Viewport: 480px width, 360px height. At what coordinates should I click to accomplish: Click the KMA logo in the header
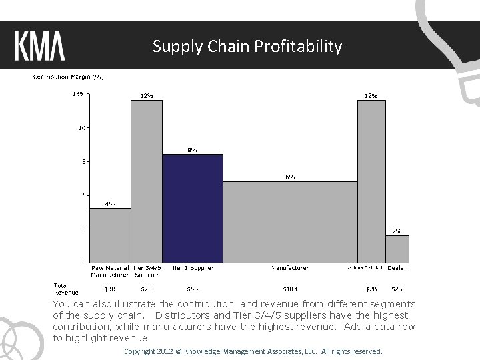(39, 47)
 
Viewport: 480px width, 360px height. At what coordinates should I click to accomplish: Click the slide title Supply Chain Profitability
(247, 47)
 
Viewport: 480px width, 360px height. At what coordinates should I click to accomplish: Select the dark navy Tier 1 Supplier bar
(193, 208)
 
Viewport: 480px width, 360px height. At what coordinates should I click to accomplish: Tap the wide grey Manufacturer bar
(290, 221)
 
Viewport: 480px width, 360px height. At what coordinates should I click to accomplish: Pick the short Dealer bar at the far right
(397, 249)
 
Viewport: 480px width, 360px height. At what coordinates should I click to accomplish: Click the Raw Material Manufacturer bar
(110, 235)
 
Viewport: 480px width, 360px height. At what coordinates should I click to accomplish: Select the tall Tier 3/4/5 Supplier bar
(147, 181)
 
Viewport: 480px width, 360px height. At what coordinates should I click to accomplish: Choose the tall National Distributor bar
(371, 181)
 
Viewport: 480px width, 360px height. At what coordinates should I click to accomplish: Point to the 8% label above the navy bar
(192, 150)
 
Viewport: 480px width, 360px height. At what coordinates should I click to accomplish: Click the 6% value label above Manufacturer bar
(291, 177)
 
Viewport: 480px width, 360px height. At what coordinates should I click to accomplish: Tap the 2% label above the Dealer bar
(397, 231)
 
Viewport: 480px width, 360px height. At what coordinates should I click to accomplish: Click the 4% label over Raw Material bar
(110, 204)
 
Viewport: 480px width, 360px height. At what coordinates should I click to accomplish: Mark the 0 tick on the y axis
(84, 263)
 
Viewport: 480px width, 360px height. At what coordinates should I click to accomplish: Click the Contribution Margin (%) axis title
(69, 77)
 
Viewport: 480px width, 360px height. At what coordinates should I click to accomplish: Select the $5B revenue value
(192, 289)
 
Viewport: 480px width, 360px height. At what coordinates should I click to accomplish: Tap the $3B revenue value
(110, 289)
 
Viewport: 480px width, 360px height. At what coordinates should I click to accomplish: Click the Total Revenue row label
(65, 289)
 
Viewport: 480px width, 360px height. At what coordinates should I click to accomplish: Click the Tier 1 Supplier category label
(192, 268)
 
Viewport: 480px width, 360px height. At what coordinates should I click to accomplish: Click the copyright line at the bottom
(253, 351)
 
